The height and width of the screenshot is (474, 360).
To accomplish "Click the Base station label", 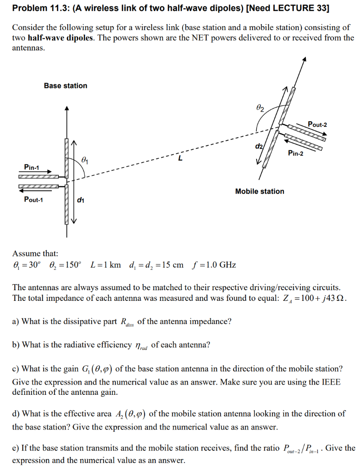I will point(65,86).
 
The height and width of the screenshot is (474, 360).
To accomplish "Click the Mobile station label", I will point(259,191).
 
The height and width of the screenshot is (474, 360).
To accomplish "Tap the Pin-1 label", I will point(32,167).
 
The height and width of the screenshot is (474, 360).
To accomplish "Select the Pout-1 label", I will point(33,200).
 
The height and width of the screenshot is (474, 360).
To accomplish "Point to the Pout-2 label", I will point(317,125).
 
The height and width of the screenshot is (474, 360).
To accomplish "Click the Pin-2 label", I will point(295,154).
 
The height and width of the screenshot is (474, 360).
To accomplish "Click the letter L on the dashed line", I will point(180,159).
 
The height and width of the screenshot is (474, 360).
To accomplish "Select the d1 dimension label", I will point(81,200).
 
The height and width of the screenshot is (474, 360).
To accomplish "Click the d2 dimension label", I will point(259,147).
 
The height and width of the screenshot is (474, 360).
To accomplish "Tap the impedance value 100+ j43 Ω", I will point(318,299).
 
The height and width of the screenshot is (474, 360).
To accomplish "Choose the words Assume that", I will point(35,253).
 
